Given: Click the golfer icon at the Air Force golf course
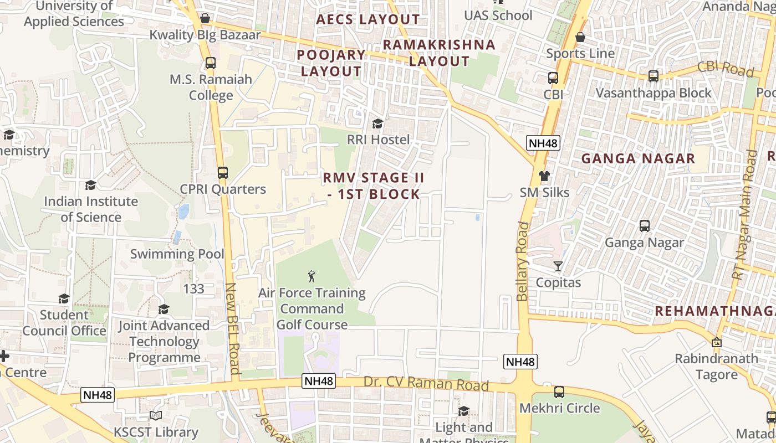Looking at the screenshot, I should coord(312,275).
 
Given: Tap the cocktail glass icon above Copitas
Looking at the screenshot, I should coord(558,266).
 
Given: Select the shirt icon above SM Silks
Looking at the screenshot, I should coord(544,176).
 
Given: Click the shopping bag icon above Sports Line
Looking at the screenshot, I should coord(580,37).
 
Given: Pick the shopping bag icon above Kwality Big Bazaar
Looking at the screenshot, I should coord(205,18).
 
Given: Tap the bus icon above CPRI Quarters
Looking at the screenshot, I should coord(223,173).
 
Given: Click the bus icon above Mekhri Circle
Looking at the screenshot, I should coord(559,392).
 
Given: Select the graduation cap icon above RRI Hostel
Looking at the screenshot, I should coord(377,123).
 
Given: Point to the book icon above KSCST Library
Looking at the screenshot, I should coord(156,416).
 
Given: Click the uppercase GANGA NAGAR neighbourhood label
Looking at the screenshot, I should coord(637,159).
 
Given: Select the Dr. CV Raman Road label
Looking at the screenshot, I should coord(426,384).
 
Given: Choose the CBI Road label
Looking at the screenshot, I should coord(726,69).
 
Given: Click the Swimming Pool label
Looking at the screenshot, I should coord(177,254).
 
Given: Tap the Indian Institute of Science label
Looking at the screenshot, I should coord(91,209).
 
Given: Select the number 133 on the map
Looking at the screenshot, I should coord(193,289).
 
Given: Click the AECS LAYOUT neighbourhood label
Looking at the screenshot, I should coord(368,19).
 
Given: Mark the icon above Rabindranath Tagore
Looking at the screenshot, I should coord(717,342).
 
